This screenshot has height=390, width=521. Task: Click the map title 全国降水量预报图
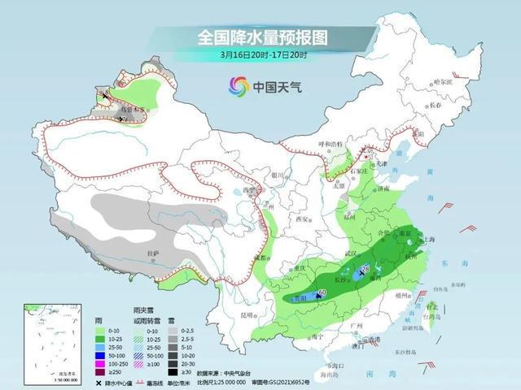point(260,37)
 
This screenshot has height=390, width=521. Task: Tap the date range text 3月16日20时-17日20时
point(260,54)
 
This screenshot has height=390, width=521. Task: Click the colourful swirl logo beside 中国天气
point(239,84)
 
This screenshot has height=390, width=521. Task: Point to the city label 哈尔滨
point(441,82)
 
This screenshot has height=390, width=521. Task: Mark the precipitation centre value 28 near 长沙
point(366,269)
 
